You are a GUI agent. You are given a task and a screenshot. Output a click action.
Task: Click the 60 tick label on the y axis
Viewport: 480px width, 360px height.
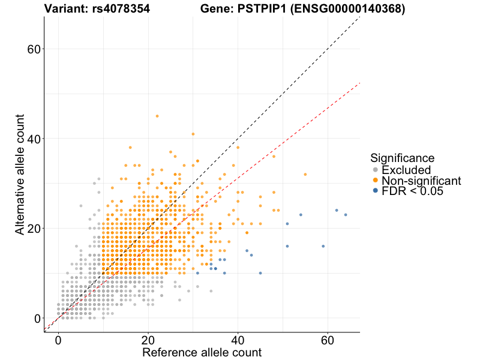(35, 49)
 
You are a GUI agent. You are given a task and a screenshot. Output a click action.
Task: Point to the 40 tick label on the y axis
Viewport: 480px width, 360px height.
(35, 139)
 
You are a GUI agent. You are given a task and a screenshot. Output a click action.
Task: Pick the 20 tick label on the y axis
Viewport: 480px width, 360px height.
(35, 229)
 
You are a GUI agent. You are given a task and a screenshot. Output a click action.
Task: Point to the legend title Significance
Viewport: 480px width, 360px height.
(402, 158)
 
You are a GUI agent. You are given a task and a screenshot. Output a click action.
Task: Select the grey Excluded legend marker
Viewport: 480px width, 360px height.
(376, 170)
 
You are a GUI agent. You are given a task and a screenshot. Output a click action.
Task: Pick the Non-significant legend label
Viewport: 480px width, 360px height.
(421, 181)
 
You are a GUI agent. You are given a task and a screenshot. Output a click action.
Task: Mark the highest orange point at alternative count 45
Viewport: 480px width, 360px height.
(157, 116)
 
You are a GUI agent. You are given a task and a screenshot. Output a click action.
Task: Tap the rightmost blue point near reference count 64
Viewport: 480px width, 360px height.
(346, 215)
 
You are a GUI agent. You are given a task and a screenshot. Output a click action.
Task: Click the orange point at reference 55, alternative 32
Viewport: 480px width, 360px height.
(305, 175)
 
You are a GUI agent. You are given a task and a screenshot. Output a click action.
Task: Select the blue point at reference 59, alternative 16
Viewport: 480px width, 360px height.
(323, 246)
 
